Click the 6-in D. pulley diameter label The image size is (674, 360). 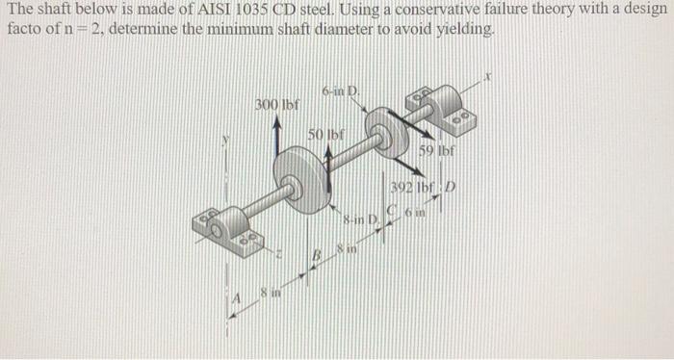340,91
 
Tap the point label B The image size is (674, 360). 314,254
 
